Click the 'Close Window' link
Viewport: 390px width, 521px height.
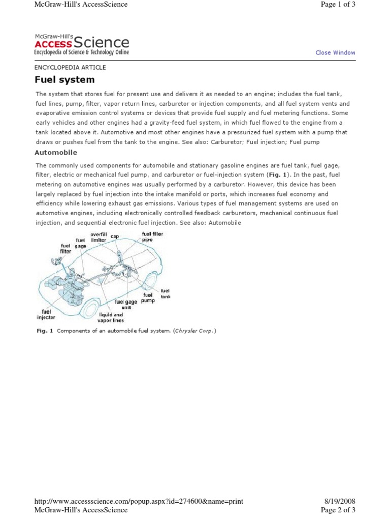(x=335, y=52)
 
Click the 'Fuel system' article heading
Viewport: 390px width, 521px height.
(x=64, y=79)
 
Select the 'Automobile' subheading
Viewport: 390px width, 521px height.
(x=56, y=152)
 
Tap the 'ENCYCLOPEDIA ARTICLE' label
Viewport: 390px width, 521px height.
(x=70, y=67)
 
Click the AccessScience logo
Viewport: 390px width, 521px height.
(x=81, y=45)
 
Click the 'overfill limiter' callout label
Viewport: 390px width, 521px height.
(x=99, y=237)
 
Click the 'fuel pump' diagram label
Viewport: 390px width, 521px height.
(x=148, y=298)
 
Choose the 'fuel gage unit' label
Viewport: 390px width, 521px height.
(x=126, y=304)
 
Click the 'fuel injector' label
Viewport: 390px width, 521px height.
(x=46, y=314)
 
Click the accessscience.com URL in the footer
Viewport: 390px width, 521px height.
(x=139, y=501)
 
